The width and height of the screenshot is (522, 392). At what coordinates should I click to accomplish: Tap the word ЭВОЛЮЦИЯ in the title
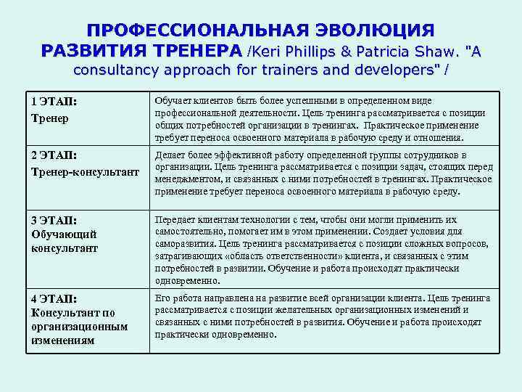click(x=374, y=30)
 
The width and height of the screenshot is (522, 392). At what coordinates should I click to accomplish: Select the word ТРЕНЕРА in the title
click(x=196, y=51)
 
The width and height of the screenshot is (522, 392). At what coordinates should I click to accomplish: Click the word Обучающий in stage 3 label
click(x=64, y=234)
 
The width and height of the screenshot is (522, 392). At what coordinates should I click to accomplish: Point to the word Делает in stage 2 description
click(x=171, y=155)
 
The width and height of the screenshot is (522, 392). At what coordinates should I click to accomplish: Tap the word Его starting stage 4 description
click(x=163, y=298)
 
